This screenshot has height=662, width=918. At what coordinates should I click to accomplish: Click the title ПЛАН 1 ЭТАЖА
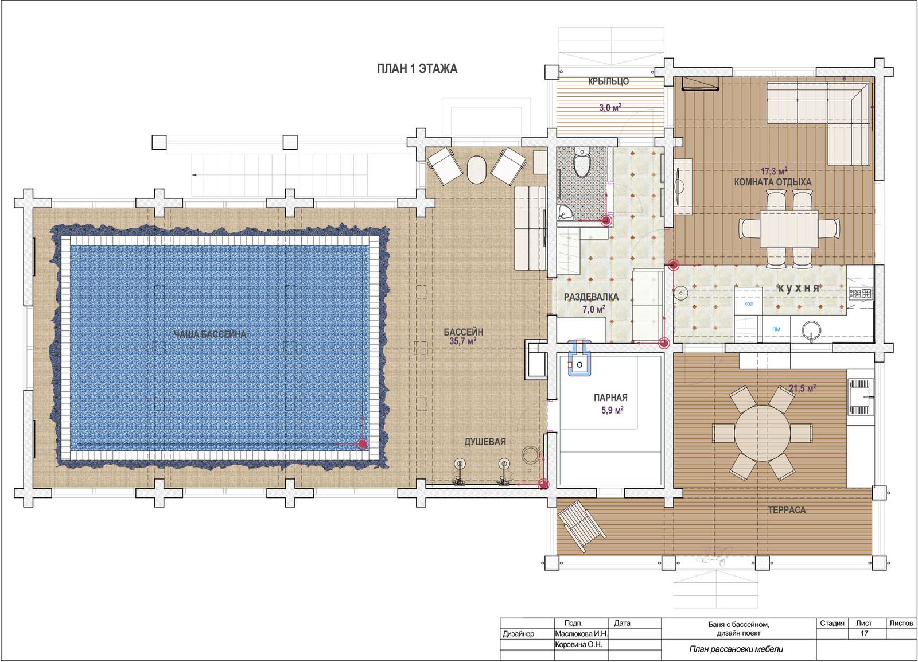click(x=417, y=68)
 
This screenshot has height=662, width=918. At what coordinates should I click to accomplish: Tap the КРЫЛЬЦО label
click(x=608, y=81)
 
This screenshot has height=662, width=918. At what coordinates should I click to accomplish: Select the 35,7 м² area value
click(x=462, y=341)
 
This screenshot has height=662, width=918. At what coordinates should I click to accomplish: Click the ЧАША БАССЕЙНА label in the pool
click(x=210, y=334)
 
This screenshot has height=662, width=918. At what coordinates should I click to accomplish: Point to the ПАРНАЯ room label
click(x=610, y=398)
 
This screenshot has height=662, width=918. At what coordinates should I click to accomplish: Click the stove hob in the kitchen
click(x=861, y=293)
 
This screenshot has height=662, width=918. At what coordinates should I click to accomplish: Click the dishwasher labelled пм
click(x=776, y=329)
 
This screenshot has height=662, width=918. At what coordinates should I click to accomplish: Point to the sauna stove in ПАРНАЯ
click(x=579, y=359)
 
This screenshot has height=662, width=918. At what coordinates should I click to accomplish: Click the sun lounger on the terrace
click(x=582, y=527)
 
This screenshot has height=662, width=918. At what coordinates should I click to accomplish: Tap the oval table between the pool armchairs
click(x=477, y=170)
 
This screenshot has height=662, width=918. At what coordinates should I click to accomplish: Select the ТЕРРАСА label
click(x=787, y=510)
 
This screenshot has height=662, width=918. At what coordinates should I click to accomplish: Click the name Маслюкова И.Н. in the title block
click(x=581, y=634)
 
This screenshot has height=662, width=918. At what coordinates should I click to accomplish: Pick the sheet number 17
click(x=864, y=633)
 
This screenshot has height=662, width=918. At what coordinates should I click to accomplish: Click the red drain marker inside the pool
click(x=362, y=443)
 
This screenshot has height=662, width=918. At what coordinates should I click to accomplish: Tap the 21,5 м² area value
click(x=803, y=388)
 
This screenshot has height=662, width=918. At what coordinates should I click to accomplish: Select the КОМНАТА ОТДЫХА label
click(x=772, y=182)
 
